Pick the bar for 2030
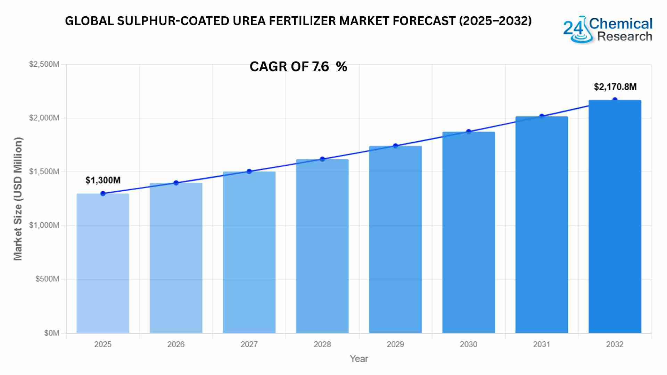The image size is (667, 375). click(468, 232)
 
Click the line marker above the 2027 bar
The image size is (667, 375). click(249, 172)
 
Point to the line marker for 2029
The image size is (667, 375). click(395, 146)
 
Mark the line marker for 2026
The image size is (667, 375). click(176, 183)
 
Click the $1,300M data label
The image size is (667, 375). click(103, 180)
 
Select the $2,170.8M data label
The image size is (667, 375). click(615, 87)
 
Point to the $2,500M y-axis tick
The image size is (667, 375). click(44, 64)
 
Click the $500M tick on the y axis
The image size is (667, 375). click(47, 279)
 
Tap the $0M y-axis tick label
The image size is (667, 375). click(51, 333)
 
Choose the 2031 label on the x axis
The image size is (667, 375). click(542, 344)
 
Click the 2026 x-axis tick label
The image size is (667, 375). click(176, 344)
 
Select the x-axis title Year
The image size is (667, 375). click(359, 359)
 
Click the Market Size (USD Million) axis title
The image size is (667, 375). click(18, 199)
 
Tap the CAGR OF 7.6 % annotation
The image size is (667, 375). click(298, 67)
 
